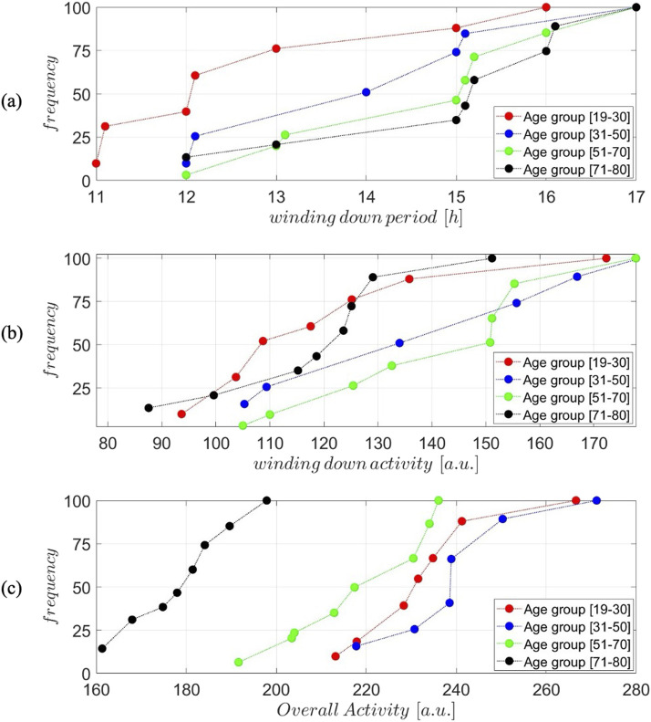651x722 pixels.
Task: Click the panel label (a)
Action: point(12,101)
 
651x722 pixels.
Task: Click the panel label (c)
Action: point(12,589)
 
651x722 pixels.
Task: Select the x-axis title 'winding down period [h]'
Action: point(366,217)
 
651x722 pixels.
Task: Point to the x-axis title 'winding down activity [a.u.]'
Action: point(366,464)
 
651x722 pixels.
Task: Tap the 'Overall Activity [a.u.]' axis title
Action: point(366,710)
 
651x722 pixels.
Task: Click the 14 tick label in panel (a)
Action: point(366,197)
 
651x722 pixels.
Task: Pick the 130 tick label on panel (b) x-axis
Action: point(377,444)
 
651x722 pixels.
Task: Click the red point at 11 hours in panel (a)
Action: point(96,163)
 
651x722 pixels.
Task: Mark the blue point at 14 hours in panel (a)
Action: point(366,92)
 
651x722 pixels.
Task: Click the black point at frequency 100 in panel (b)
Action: point(491,257)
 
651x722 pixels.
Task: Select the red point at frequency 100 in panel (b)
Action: point(606,257)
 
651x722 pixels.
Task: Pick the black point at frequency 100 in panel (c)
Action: point(266,500)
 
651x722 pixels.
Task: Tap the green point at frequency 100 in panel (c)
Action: point(439,500)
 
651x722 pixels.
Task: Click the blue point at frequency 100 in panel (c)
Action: point(596,500)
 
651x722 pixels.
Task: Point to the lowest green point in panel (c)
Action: point(238,662)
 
